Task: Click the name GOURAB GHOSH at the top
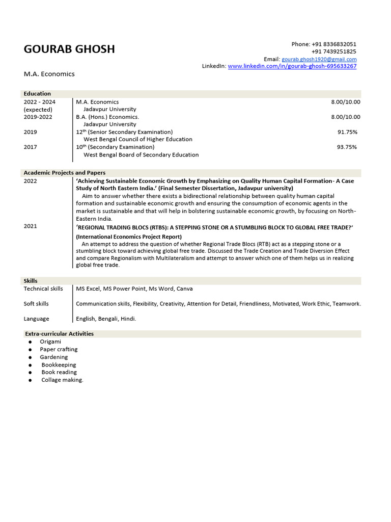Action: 69,49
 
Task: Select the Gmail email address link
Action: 319,59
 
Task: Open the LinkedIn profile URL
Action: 292,66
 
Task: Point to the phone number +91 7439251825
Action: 333,51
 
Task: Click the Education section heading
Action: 37,94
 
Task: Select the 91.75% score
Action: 347,132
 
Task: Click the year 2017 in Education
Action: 31,147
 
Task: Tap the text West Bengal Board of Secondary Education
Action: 141,154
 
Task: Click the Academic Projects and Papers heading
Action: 65,173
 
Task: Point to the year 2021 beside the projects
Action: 31,226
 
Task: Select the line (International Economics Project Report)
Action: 129,237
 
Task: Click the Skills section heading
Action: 31,281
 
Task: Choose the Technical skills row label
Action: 43,289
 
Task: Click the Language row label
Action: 37,319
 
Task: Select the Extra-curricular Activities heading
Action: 59,334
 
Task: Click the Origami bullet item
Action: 50,342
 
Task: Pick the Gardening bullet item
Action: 54,357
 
